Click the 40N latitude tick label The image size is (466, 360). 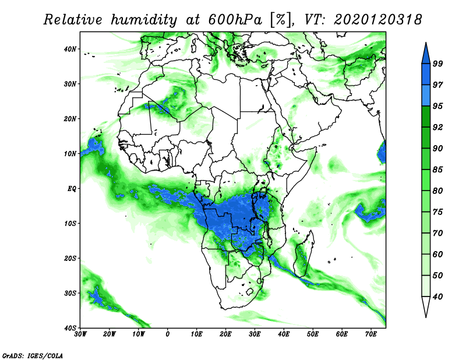coord(70,49)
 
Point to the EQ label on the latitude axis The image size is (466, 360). coord(72,189)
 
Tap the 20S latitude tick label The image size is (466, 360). coord(70,258)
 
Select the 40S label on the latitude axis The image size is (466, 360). coord(70,328)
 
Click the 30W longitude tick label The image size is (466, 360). coord(80,334)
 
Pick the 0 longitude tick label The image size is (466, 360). coord(168,334)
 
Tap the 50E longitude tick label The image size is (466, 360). coord(313,334)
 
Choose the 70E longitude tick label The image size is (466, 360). coord(371,334)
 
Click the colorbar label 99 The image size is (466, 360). coord(437,63)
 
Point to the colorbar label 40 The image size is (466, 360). coord(437,297)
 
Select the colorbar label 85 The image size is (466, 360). coord(437,170)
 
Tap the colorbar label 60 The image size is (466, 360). coord(437,254)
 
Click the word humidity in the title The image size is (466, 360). coord(144,20)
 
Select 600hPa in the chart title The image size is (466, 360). coord(236,20)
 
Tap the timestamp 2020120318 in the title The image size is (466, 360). coord(377,20)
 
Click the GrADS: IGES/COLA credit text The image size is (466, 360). coord(33,355)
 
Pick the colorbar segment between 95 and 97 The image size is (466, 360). coord(426,96)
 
